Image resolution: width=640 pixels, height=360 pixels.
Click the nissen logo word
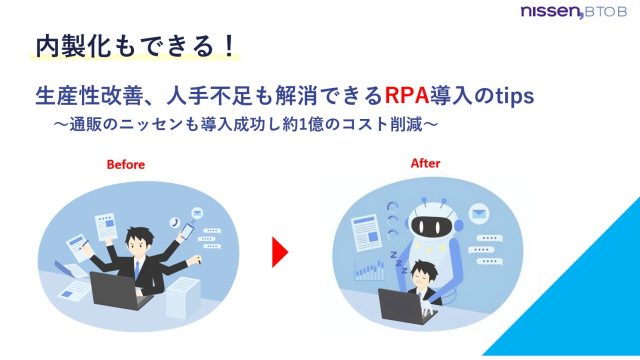pyautogui.click(x=549, y=12)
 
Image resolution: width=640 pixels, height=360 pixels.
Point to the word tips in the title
pyautogui.click(x=511, y=96)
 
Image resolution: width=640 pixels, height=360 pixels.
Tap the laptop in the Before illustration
pyautogui.click(x=118, y=290)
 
